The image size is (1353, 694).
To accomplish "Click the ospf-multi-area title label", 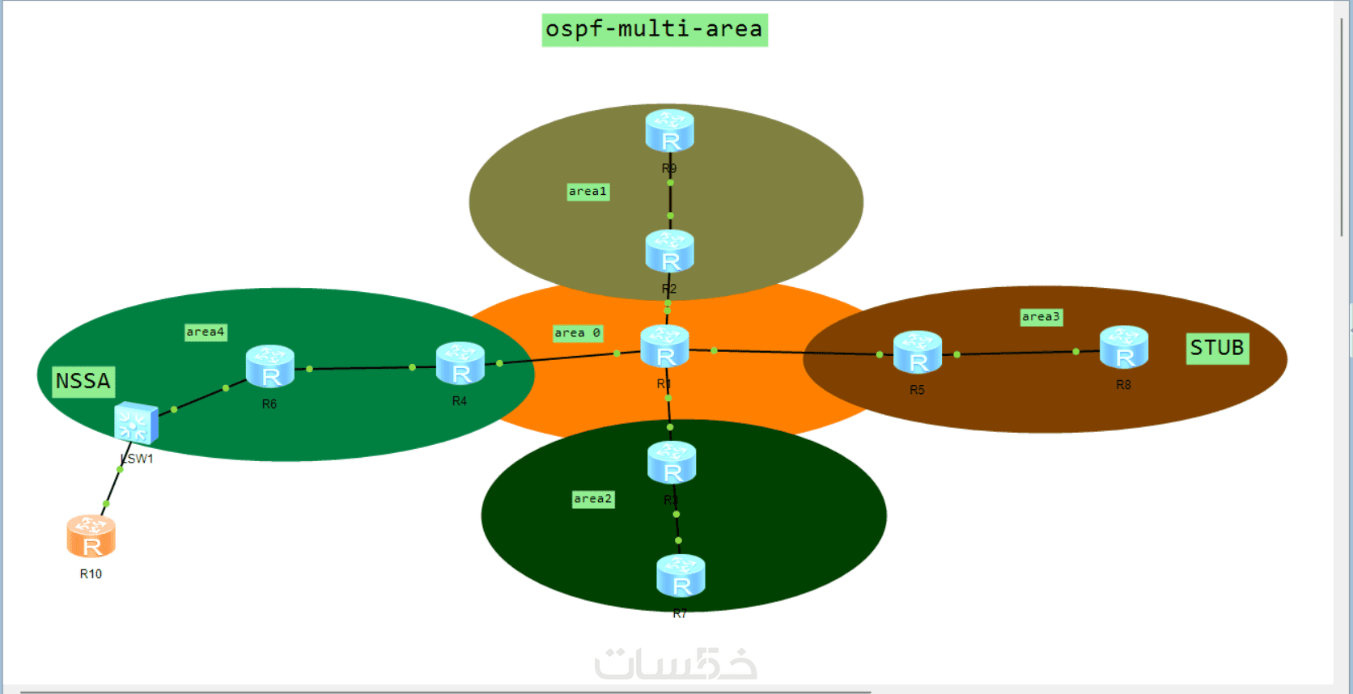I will [x=654, y=30].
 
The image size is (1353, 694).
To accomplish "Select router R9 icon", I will [x=669, y=131].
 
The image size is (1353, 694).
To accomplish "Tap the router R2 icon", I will [x=669, y=252].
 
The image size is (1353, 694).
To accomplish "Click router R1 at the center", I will [x=664, y=347].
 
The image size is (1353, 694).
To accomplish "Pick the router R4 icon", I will [x=460, y=364].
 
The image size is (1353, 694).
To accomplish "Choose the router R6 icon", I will [x=269, y=367].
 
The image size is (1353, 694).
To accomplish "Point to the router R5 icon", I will [x=917, y=353].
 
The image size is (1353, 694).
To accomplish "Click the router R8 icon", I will [x=1123, y=348].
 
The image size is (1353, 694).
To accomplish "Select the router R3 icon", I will [x=672, y=463].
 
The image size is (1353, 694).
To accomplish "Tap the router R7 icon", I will [x=681, y=576].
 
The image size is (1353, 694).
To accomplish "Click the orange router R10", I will [x=91, y=537].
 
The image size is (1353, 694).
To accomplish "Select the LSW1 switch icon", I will [x=136, y=422].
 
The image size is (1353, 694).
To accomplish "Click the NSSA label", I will [x=83, y=381].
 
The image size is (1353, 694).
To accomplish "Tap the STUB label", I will [x=1216, y=349].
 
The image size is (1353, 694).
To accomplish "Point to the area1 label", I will [x=587, y=192].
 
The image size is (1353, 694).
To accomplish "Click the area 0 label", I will [x=577, y=333].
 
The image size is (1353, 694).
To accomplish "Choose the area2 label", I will [x=592, y=499].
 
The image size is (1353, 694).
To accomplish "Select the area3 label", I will [x=1041, y=317].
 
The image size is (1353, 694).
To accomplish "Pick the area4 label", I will [x=206, y=332].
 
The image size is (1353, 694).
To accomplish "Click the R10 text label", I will [x=91, y=574].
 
